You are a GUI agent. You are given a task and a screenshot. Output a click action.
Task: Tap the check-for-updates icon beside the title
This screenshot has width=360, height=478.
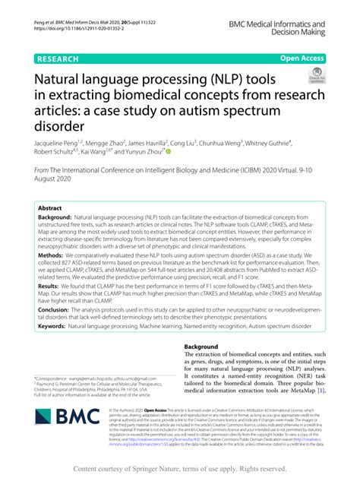[x=314, y=77]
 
